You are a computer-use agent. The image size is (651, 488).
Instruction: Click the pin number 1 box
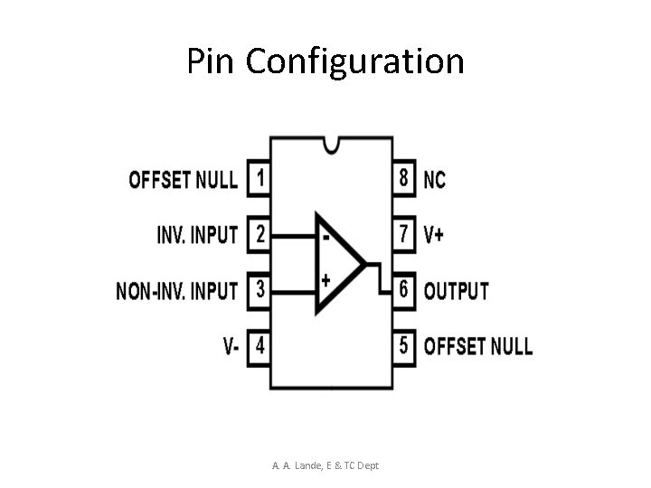tap(259, 178)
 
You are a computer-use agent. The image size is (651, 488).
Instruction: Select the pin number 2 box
tap(259, 234)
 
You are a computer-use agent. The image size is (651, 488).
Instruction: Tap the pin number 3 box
tap(259, 290)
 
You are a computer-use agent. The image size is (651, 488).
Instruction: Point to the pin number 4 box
tap(259, 345)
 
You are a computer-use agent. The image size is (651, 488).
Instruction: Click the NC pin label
tap(435, 180)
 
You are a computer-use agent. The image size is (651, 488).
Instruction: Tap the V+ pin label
tap(435, 235)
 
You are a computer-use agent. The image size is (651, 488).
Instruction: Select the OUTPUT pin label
tap(456, 291)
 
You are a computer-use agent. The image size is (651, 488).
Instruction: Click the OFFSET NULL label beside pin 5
tap(477, 346)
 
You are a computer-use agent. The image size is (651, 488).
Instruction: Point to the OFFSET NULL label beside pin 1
tap(184, 179)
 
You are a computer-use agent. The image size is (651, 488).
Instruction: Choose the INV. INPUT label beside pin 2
tap(197, 235)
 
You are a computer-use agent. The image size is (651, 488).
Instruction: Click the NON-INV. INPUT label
tap(177, 291)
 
